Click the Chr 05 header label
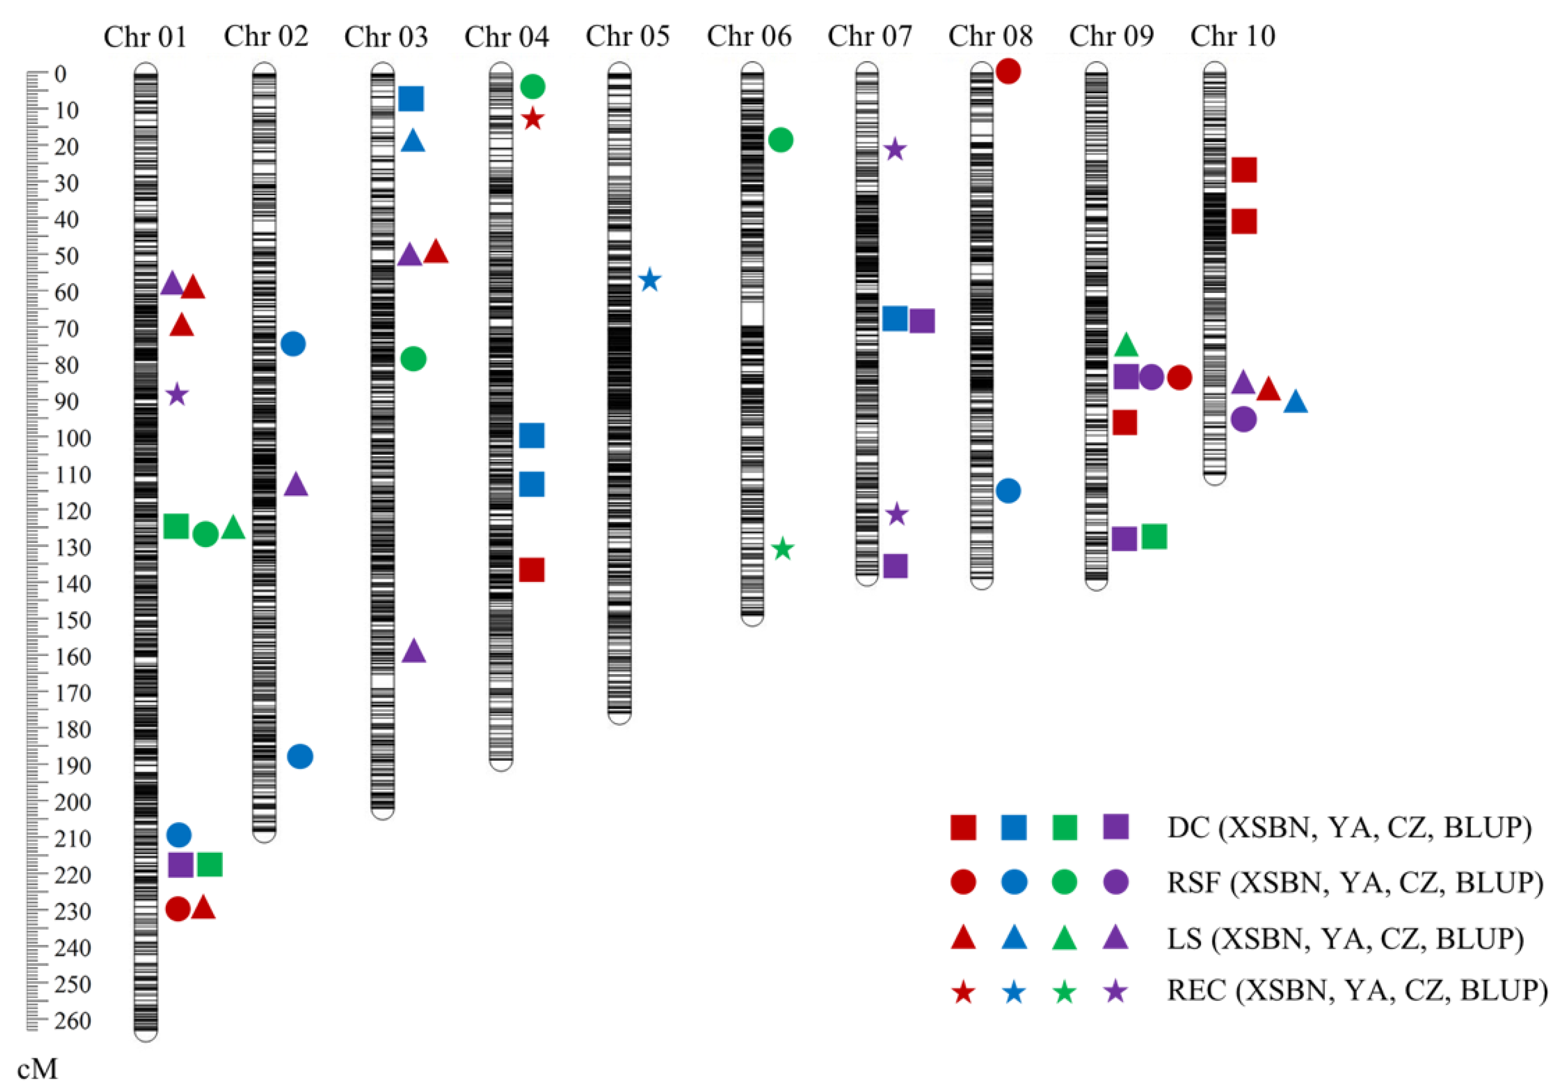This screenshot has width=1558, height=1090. [628, 37]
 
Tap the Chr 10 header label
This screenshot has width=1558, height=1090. [1232, 37]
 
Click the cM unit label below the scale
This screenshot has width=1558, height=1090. [37, 1069]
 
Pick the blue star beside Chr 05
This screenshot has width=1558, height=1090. [650, 280]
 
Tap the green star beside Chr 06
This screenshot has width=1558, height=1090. [783, 549]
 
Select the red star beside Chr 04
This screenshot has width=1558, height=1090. [533, 119]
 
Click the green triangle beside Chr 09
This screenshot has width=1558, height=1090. [1126, 345]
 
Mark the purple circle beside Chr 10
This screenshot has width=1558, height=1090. [1243, 420]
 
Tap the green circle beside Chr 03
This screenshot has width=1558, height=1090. [413, 359]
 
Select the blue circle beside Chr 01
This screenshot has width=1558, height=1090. [178, 834]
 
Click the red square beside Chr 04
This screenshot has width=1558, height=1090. [531, 570]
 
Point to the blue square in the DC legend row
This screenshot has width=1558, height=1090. [1014, 827]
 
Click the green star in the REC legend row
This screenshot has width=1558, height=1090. [1064, 992]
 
